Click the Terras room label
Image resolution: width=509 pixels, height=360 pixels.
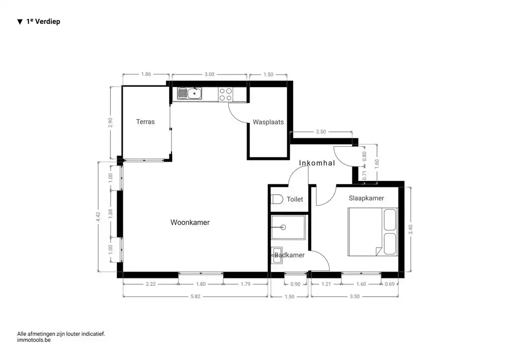(145, 121)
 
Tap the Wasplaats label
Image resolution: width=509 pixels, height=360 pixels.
(268, 122)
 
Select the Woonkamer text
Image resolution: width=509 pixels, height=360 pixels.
(190, 222)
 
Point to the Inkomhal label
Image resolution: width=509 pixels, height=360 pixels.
(317, 163)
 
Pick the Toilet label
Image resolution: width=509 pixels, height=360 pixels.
(295, 199)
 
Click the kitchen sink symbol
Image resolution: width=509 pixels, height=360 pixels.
(189, 93)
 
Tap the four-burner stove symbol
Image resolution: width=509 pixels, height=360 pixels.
(226, 94)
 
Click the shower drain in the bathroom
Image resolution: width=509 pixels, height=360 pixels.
(283, 227)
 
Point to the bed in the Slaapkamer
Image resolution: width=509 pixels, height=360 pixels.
(372, 232)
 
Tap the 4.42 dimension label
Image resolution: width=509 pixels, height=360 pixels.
(98, 217)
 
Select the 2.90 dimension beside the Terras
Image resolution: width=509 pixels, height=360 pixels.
(111, 122)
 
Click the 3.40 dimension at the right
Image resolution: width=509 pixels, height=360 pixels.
(410, 230)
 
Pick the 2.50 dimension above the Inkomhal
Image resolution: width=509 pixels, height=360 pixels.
(321, 132)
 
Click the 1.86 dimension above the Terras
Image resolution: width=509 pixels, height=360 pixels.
(146, 74)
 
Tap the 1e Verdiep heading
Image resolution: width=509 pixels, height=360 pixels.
(43, 21)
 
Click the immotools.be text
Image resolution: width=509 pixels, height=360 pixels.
(34, 341)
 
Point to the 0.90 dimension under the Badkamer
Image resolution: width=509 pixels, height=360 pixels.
(295, 284)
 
